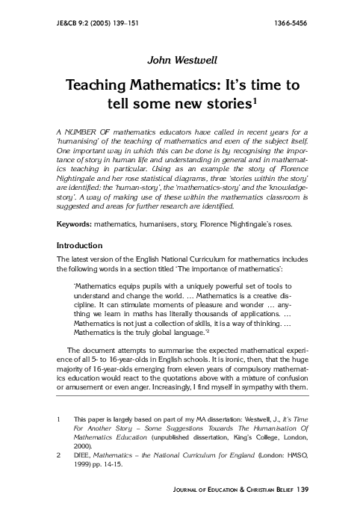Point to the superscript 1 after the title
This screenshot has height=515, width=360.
pos(255,99)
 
